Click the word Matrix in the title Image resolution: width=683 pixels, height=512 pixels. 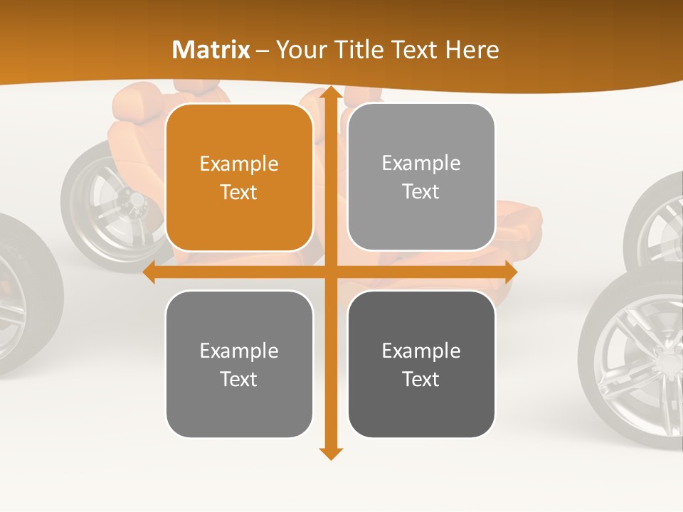(211, 50)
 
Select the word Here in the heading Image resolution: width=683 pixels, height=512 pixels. (472, 50)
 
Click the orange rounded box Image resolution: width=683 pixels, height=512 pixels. (239, 178)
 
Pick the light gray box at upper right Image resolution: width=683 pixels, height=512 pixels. (421, 177)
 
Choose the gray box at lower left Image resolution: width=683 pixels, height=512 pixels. (239, 364)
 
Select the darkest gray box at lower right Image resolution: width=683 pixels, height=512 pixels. (421, 364)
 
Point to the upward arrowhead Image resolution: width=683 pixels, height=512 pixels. (330, 93)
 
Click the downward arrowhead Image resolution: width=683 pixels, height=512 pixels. (330, 453)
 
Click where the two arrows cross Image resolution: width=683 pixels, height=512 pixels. (330, 272)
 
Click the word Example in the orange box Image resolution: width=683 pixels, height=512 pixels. (239, 164)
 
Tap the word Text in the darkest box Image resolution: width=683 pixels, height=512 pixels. (421, 379)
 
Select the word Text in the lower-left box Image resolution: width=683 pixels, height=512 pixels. (239, 379)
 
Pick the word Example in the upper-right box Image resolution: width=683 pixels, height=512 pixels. (421, 164)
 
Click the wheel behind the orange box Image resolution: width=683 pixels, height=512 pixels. (114, 206)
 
